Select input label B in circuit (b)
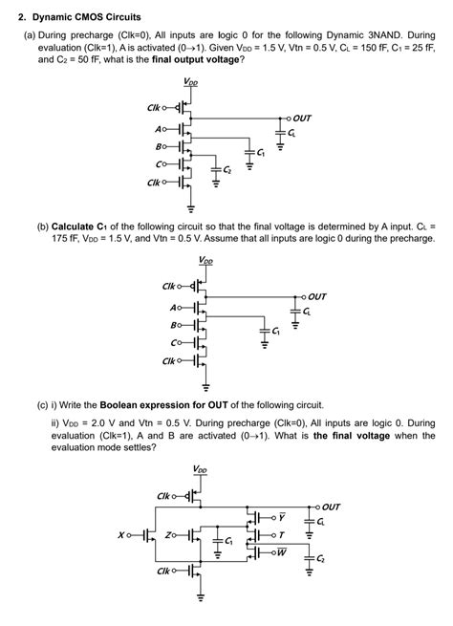tap(172, 324)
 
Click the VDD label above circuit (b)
tap(205, 260)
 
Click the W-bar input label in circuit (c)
tap(284, 552)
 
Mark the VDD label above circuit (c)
tap(199, 469)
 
